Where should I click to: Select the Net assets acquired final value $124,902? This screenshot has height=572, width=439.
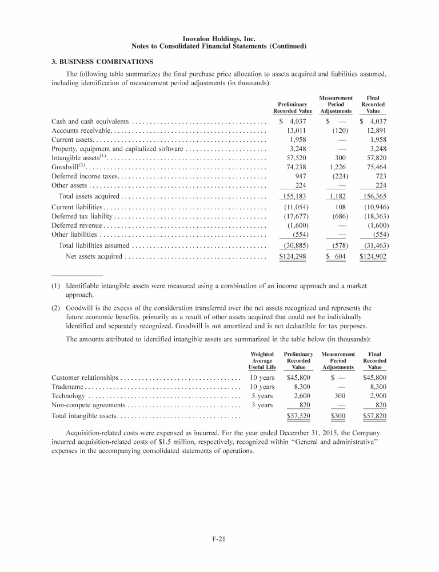click(373, 256)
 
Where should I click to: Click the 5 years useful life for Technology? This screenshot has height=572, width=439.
click(262, 396)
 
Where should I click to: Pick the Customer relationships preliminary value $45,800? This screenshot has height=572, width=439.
click(298, 378)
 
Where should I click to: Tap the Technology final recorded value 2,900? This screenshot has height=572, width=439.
click(377, 396)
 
